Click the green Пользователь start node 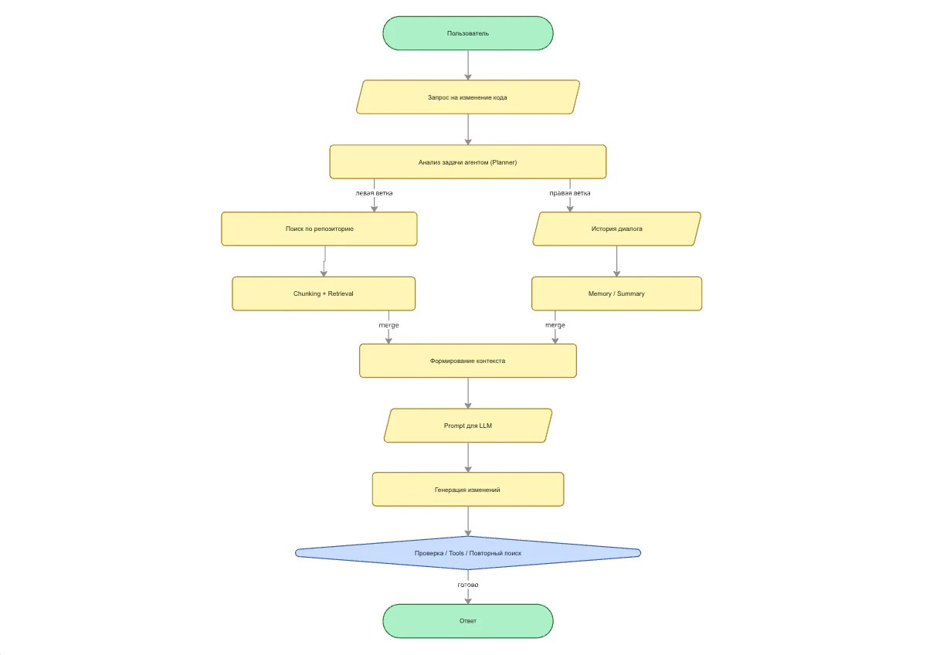468,33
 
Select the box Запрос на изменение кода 468,97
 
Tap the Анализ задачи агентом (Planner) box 468,162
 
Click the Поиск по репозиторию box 319,229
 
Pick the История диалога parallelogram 616,229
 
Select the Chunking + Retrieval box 324,294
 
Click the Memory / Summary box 616,294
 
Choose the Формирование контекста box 468,361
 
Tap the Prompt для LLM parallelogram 468,426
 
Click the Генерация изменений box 468,490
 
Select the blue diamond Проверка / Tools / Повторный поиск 468,553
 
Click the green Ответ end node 468,621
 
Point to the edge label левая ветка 374,193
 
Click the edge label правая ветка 570,193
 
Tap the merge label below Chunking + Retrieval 388,325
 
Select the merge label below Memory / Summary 555,325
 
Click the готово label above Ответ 468,585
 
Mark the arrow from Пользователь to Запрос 468,65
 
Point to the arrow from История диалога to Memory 616,261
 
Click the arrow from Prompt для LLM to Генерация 468,457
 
